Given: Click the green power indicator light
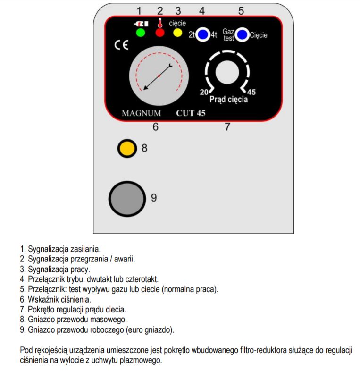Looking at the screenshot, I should click(x=140, y=33).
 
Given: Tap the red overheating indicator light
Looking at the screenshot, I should click(x=160, y=33).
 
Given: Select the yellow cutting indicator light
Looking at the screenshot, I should click(x=177, y=33).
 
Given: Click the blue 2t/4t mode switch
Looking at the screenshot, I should click(x=203, y=34).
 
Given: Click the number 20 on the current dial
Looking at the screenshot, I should click(x=204, y=92).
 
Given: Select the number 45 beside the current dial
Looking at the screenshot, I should click(x=251, y=92).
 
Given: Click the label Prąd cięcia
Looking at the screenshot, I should click(x=228, y=100).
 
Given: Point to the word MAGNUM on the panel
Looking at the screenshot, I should click(x=141, y=113).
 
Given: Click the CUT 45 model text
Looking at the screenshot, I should click(x=191, y=113).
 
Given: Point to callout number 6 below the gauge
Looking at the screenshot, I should click(x=155, y=126).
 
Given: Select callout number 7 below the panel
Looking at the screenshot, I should click(x=227, y=126).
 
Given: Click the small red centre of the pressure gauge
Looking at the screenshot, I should click(x=159, y=76).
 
